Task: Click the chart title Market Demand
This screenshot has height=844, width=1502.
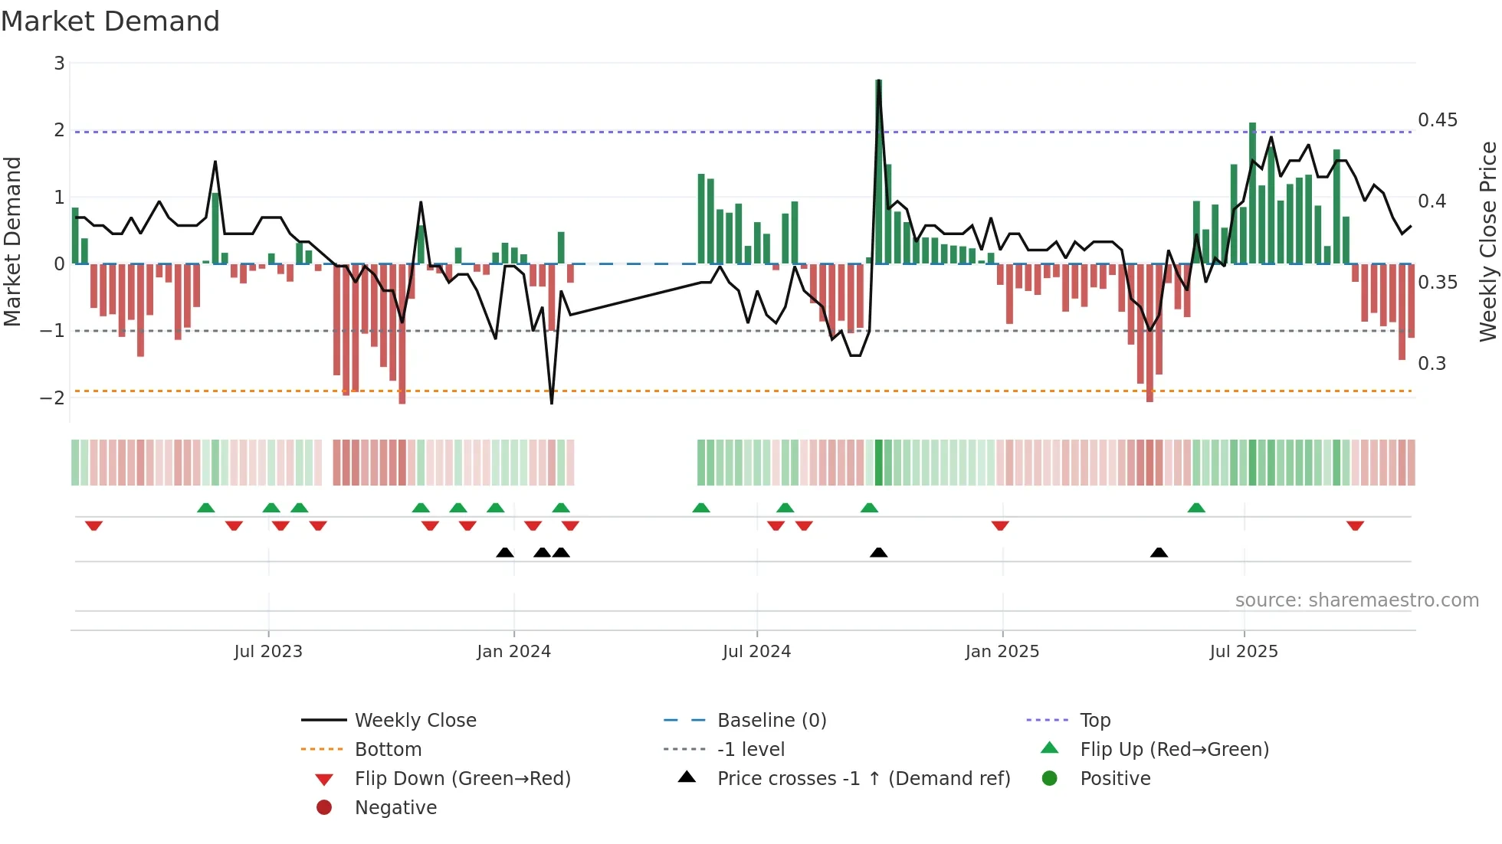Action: [x=110, y=21]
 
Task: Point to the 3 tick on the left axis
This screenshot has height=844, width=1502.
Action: [x=59, y=64]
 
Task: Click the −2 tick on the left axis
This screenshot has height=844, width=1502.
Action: [x=53, y=397]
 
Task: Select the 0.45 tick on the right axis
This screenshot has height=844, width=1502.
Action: [x=1437, y=120]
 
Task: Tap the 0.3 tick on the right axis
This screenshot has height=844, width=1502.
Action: [x=1431, y=364]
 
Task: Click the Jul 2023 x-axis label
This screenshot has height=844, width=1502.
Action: [x=268, y=652]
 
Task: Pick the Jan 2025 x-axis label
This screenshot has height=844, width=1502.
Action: [x=1002, y=652]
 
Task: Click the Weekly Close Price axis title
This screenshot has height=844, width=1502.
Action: [x=1487, y=241]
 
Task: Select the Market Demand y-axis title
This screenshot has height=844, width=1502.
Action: [x=13, y=241]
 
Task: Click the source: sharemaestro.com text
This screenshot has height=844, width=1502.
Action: [x=1356, y=600]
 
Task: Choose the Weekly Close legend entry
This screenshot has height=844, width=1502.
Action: [x=415, y=721]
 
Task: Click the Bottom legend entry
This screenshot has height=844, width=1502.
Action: [x=388, y=750]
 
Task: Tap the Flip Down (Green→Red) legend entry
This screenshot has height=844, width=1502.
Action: [x=462, y=779]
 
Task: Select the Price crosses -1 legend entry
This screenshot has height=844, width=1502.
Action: [x=863, y=779]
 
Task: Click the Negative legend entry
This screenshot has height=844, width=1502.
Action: [x=395, y=808]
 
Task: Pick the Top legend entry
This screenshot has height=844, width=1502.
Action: [x=1095, y=721]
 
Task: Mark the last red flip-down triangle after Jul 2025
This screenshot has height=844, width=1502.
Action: [x=1355, y=525]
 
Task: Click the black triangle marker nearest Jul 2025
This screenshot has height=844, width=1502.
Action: [x=1159, y=552]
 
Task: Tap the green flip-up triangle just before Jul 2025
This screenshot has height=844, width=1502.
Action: [x=1196, y=508]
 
